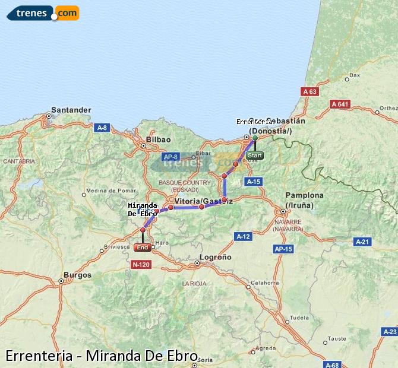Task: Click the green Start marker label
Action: click(x=254, y=156)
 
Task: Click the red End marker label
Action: click(x=143, y=248)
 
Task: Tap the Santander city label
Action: click(x=71, y=110)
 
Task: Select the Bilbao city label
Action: click(x=158, y=139)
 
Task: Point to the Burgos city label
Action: click(x=78, y=275)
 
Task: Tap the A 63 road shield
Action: click(x=309, y=91)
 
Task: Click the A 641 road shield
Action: click(x=340, y=104)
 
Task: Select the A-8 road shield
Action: click(x=102, y=127)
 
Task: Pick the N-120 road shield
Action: click(x=141, y=264)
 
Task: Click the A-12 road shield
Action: click(x=243, y=236)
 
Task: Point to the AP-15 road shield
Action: click(x=285, y=249)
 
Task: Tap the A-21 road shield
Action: click(x=362, y=242)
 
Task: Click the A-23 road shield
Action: click(x=390, y=331)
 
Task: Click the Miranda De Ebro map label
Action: click(x=143, y=210)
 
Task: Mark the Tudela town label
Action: click(x=299, y=318)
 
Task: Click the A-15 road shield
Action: click(x=253, y=182)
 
